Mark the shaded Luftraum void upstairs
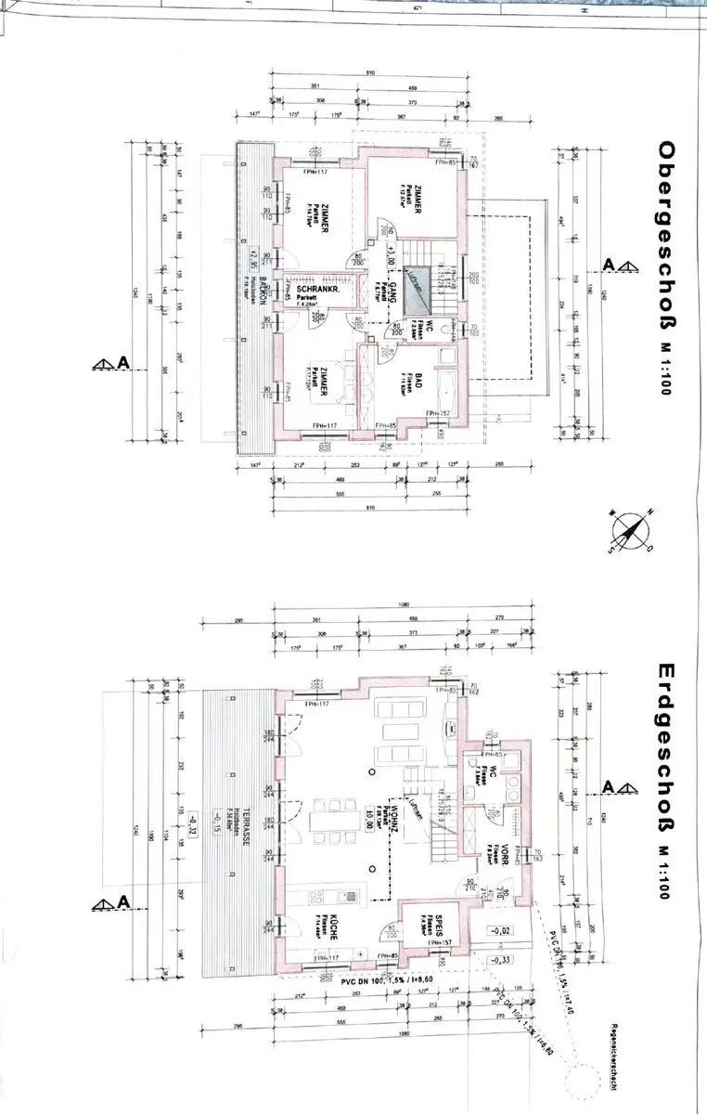point(419,278)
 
